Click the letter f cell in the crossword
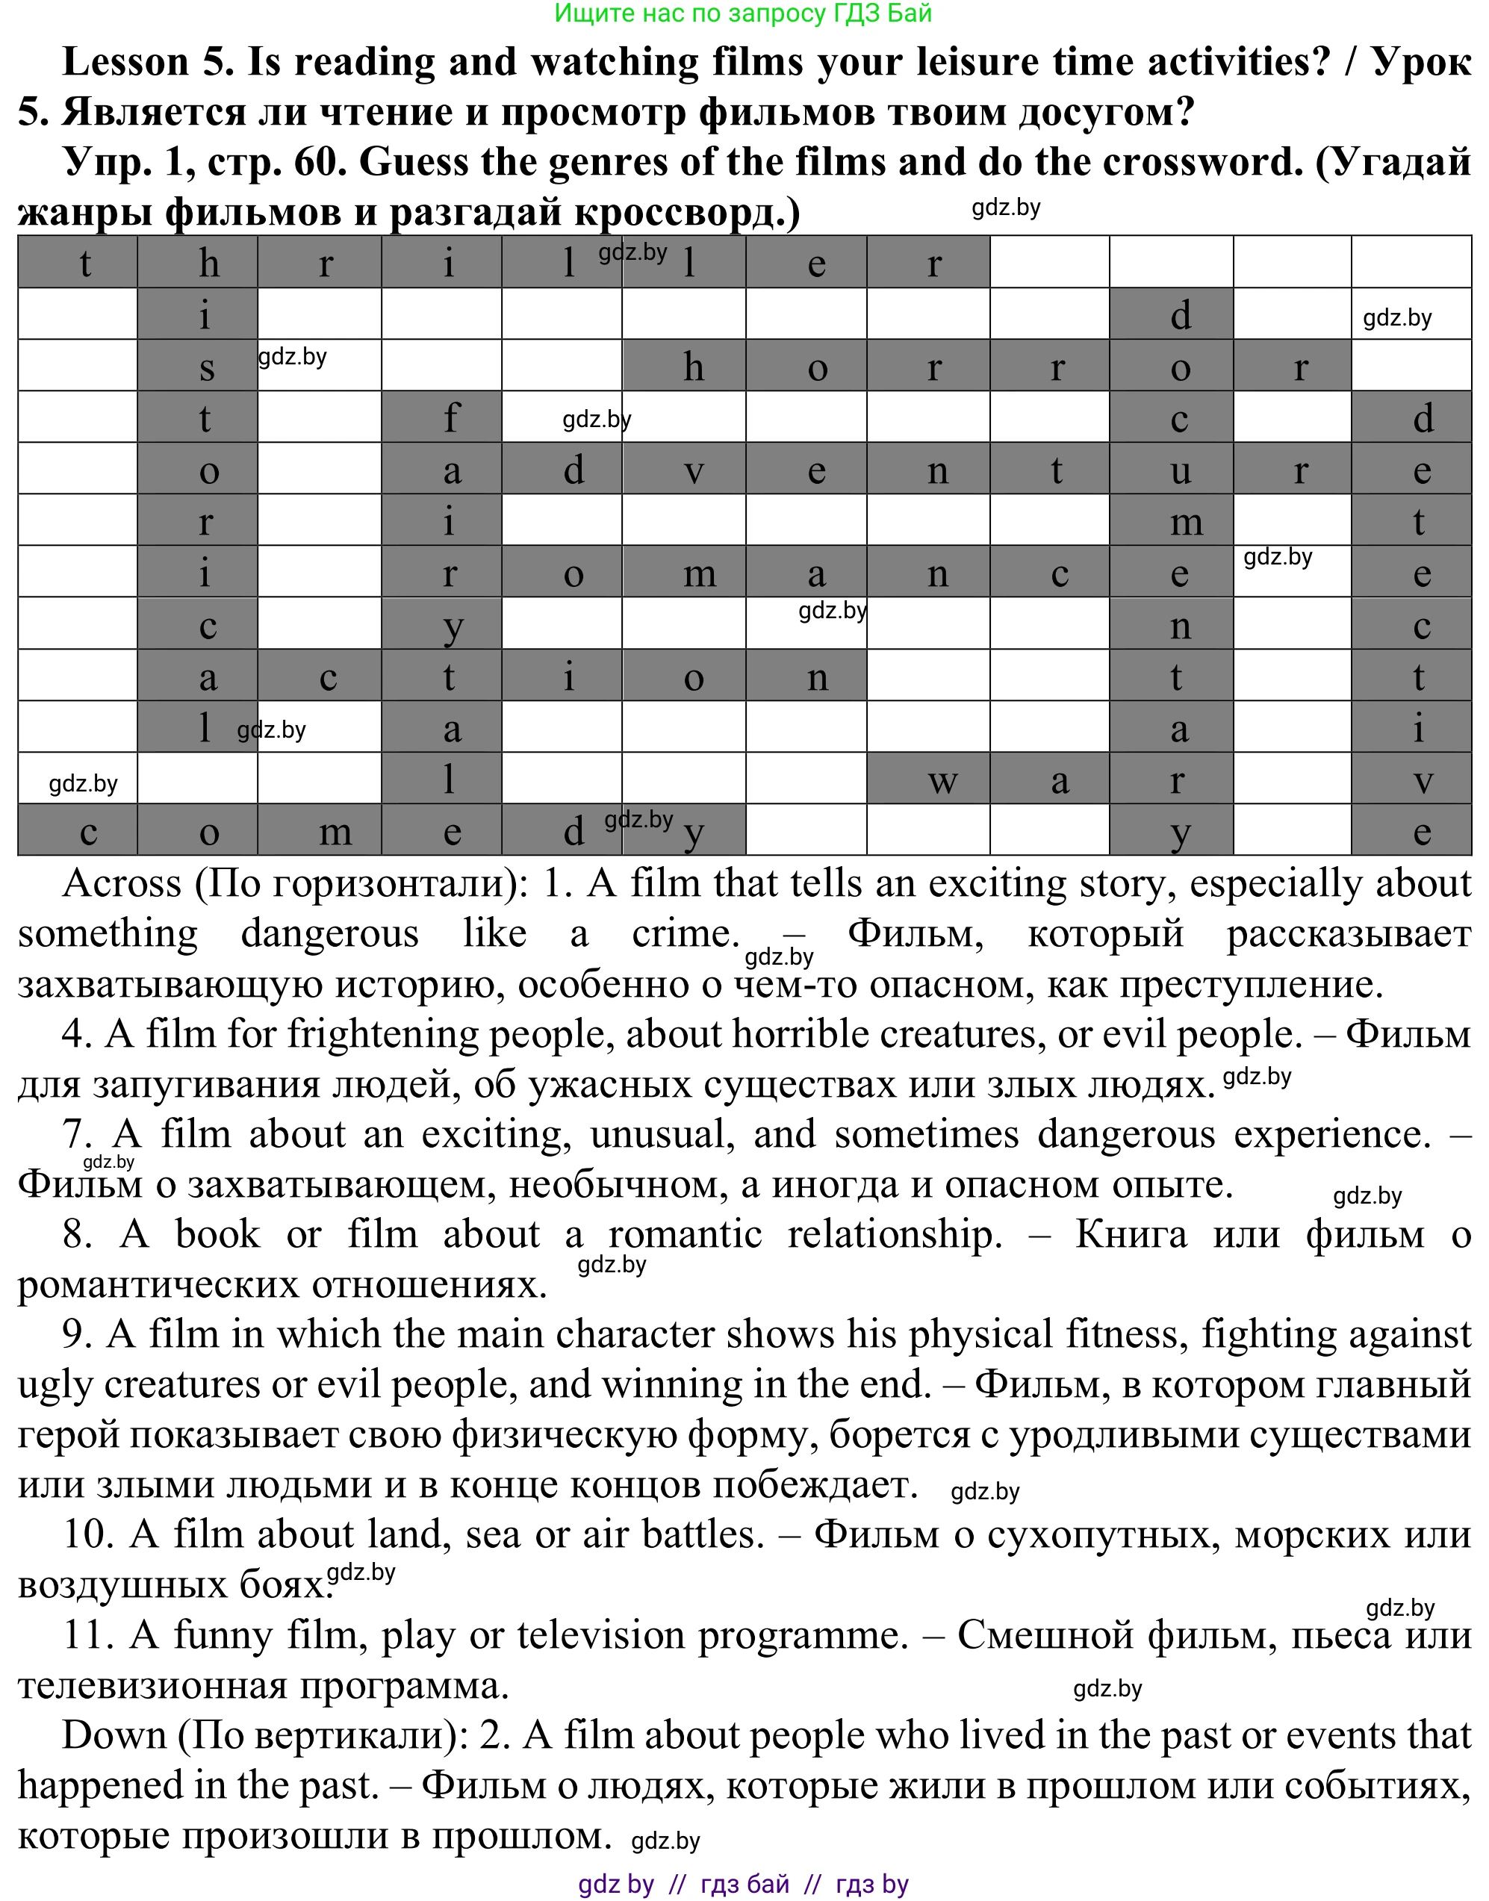[442, 417]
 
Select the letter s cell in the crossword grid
[198, 366]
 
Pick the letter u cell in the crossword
[1171, 470]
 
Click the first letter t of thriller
[78, 262]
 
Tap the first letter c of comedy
[78, 830]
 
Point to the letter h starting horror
[683, 366]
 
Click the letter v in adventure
[683, 470]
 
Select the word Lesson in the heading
[125, 62]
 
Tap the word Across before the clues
[121, 883]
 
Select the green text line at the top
[743, 13]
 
